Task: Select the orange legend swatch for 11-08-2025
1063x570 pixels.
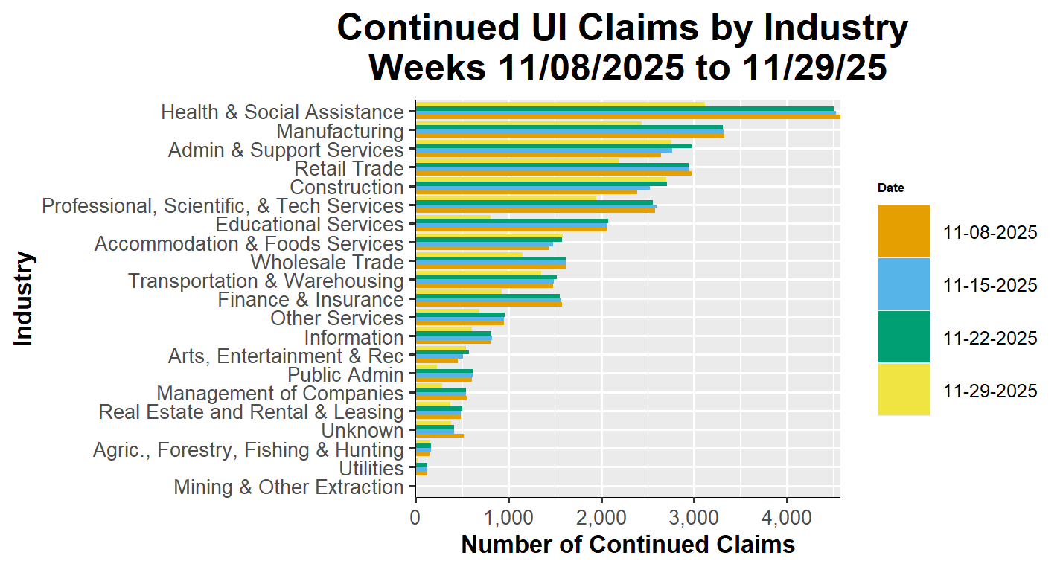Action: tap(904, 231)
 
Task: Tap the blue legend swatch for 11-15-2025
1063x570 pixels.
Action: tap(904, 284)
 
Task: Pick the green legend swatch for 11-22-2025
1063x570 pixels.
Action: tap(904, 337)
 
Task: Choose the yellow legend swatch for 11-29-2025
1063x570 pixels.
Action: tap(904, 389)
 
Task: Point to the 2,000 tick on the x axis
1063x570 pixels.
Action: tap(601, 516)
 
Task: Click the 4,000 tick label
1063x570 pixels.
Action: tap(787, 516)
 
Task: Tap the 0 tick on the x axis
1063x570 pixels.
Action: tap(415, 516)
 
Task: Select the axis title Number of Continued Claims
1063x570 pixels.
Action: tap(628, 545)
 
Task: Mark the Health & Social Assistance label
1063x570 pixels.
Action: tap(282, 112)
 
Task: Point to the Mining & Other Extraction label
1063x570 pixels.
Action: tap(289, 487)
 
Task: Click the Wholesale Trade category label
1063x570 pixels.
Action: tap(327, 263)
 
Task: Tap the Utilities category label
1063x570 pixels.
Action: tap(371, 469)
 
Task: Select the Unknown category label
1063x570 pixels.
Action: tap(362, 431)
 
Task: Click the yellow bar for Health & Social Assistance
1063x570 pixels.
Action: tap(558, 104)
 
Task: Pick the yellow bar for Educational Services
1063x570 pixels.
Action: tap(453, 217)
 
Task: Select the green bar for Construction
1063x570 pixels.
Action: tap(540, 183)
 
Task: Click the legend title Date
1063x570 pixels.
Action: tap(891, 188)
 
